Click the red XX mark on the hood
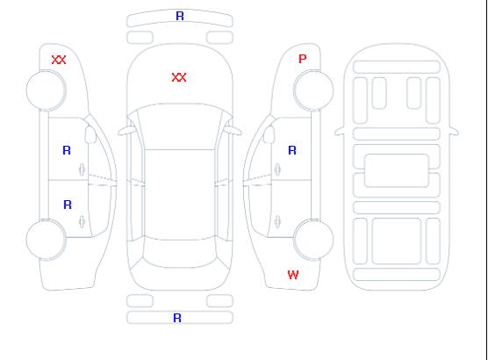[x=179, y=77]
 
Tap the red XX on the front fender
[x=59, y=60]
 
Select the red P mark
[x=302, y=59]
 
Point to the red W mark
[x=293, y=275]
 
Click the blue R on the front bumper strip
[x=180, y=16]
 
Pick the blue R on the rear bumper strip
[x=177, y=318]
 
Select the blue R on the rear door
[x=68, y=205]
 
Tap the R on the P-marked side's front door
[x=292, y=150]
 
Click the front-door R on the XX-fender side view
[x=67, y=150]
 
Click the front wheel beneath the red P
[x=313, y=90]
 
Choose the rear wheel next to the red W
[x=313, y=239]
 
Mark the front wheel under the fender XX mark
[x=46, y=90]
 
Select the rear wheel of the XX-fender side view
[x=46, y=239]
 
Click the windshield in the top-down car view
[x=180, y=126]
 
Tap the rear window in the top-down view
[x=180, y=254]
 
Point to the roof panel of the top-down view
[x=180, y=195]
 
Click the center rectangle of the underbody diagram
[x=397, y=170]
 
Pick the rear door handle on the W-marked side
[x=277, y=221]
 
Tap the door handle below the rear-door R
[x=82, y=221]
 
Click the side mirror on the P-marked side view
[x=269, y=134]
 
